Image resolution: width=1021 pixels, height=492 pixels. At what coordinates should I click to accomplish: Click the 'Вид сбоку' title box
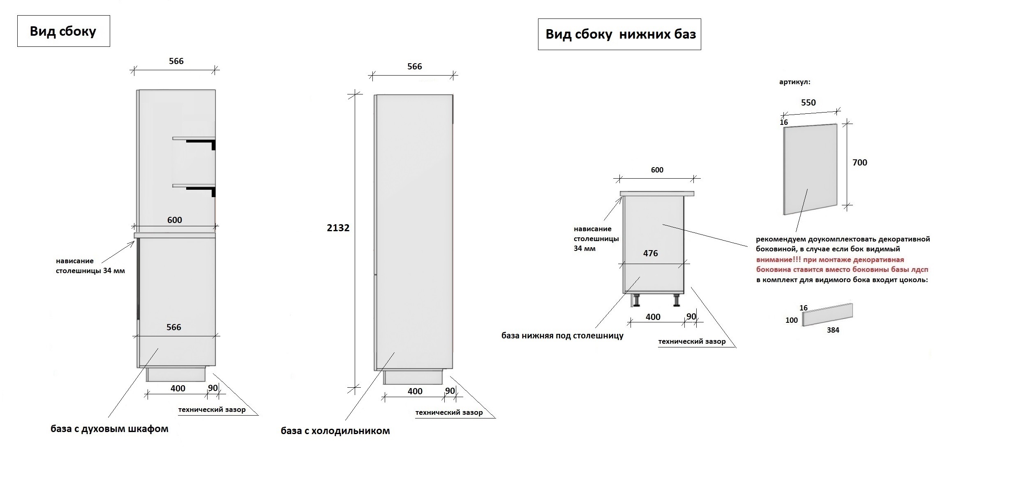(63, 31)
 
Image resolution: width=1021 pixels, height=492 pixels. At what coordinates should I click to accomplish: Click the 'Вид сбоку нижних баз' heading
(620, 34)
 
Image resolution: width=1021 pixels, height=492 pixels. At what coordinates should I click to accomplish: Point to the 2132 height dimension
(338, 228)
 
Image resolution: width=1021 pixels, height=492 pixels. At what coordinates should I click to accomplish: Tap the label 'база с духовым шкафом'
(109, 429)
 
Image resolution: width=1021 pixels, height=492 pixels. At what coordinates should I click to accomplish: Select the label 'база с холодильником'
(335, 431)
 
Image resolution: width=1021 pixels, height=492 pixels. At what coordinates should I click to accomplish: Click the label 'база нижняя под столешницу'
(562, 336)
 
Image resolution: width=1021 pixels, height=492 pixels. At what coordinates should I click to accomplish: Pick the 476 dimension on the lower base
(650, 253)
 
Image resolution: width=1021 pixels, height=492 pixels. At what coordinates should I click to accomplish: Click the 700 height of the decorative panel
(859, 163)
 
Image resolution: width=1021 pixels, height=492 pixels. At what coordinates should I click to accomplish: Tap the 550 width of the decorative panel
(808, 103)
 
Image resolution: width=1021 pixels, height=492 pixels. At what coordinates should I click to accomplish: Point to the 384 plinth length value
(833, 330)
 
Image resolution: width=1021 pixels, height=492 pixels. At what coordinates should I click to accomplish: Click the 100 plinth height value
(791, 320)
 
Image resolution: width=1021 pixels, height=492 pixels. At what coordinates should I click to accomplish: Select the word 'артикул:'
(795, 82)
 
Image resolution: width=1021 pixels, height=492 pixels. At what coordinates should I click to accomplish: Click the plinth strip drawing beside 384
(827, 315)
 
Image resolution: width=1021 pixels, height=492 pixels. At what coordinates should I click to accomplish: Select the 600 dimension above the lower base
(657, 170)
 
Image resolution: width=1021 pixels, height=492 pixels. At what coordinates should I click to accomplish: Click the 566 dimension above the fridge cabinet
(414, 67)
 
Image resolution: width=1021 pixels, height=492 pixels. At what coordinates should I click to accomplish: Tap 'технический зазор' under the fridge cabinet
(449, 412)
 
